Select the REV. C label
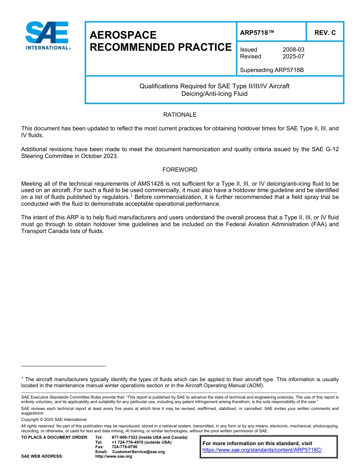[325, 33]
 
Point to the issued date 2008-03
[293, 50]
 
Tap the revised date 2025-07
[293, 56]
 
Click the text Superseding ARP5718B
[272, 70]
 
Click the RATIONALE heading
[180, 115]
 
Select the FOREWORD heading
[180, 170]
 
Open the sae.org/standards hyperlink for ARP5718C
[262, 450]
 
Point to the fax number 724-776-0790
[124, 447]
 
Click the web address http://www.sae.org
[114, 457]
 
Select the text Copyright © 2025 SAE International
[54, 420]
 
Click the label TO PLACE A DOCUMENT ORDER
[55, 438]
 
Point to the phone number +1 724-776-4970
[129, 442]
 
